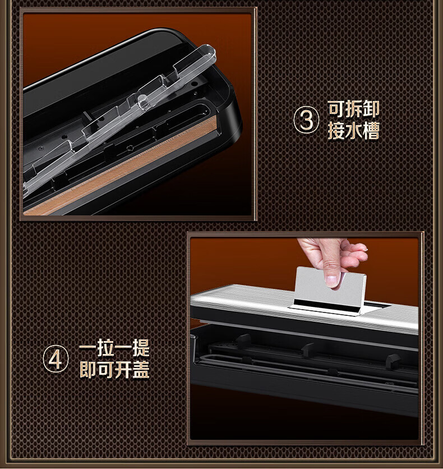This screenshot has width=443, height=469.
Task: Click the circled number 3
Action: coord(306,119)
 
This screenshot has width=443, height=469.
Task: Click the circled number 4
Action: coord(56,358)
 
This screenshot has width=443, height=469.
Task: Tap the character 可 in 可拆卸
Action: coord(336,109)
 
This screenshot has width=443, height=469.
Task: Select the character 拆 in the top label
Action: coord(354,109)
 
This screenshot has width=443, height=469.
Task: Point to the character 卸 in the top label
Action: coord(371,109)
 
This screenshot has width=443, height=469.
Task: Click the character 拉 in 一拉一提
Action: coord(105,348)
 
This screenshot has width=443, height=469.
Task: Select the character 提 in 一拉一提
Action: coord(141,348)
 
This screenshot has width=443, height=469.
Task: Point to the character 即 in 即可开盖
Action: coord(88,370)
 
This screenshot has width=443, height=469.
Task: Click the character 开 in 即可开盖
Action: coord(123,370)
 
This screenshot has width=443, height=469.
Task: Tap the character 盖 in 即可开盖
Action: coord(141,370)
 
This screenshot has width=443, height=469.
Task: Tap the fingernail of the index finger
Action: coord(332,281)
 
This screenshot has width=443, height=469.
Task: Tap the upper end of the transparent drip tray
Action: coord(209,51)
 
